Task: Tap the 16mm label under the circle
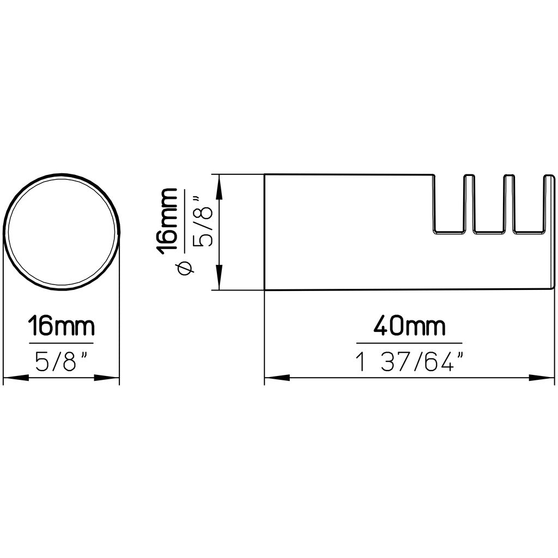click(x=61, y=325)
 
